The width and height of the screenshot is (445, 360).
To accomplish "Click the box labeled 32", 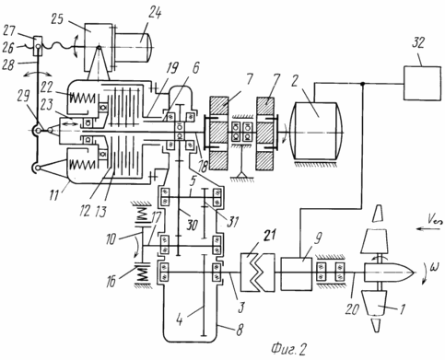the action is (x=422, y=83).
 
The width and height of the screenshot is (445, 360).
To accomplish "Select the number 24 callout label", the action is (x=155, y=14).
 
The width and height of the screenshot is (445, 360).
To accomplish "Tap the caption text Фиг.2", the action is (x=288, y=349).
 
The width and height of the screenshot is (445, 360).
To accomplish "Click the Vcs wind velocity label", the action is (x=435, y=220).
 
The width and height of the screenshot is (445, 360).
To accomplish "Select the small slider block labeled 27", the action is (x=38, y=46).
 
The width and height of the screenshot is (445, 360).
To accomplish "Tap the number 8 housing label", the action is (x=240, y=330).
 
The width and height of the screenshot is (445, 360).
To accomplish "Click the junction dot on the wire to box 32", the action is (x=363, y=83).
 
